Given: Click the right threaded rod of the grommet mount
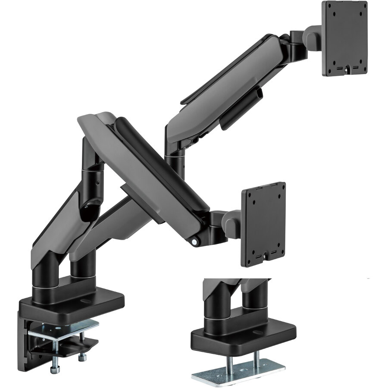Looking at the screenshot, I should [257, 357].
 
